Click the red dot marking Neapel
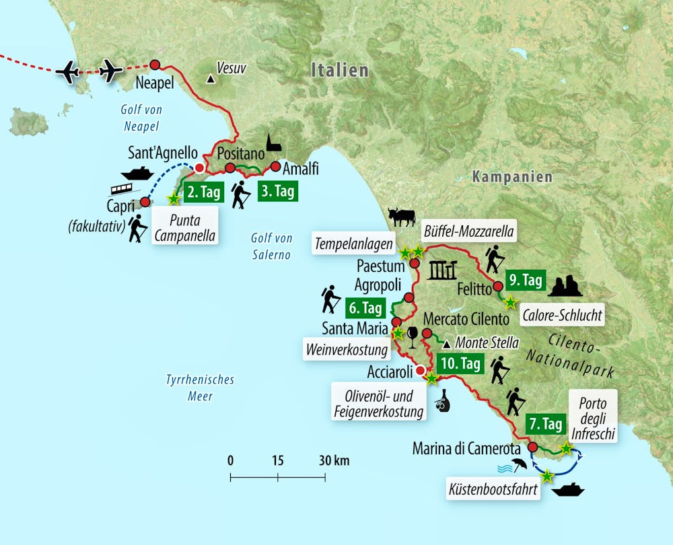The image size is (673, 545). pyautogui.click(x=155, y=65)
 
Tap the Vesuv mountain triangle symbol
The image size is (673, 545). pyautogui.click(x=211, y=79)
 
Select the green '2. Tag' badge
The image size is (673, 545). pyautogui.click(x=202, y=192)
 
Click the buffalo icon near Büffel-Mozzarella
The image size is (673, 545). pyautogui.click(x=402, y=217)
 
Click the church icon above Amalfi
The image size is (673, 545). pyautogui.click(x=273, y=143)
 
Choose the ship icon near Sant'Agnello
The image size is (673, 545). pyautogui.click(x=137, y=174)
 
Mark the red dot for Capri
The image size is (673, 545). pyautogui.click(x=144, y=201)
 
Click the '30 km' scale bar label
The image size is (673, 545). pyautogui.click(x=332, y=461)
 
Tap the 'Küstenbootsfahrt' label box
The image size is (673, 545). pyautogui.click(x=492, y=490)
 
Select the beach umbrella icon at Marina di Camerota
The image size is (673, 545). pyautogui.click(x=519, y=464)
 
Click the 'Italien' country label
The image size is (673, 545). pyautogui.click(x=339, y=71)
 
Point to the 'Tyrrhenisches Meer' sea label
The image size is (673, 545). pyautogui.click(x=200, y=388)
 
